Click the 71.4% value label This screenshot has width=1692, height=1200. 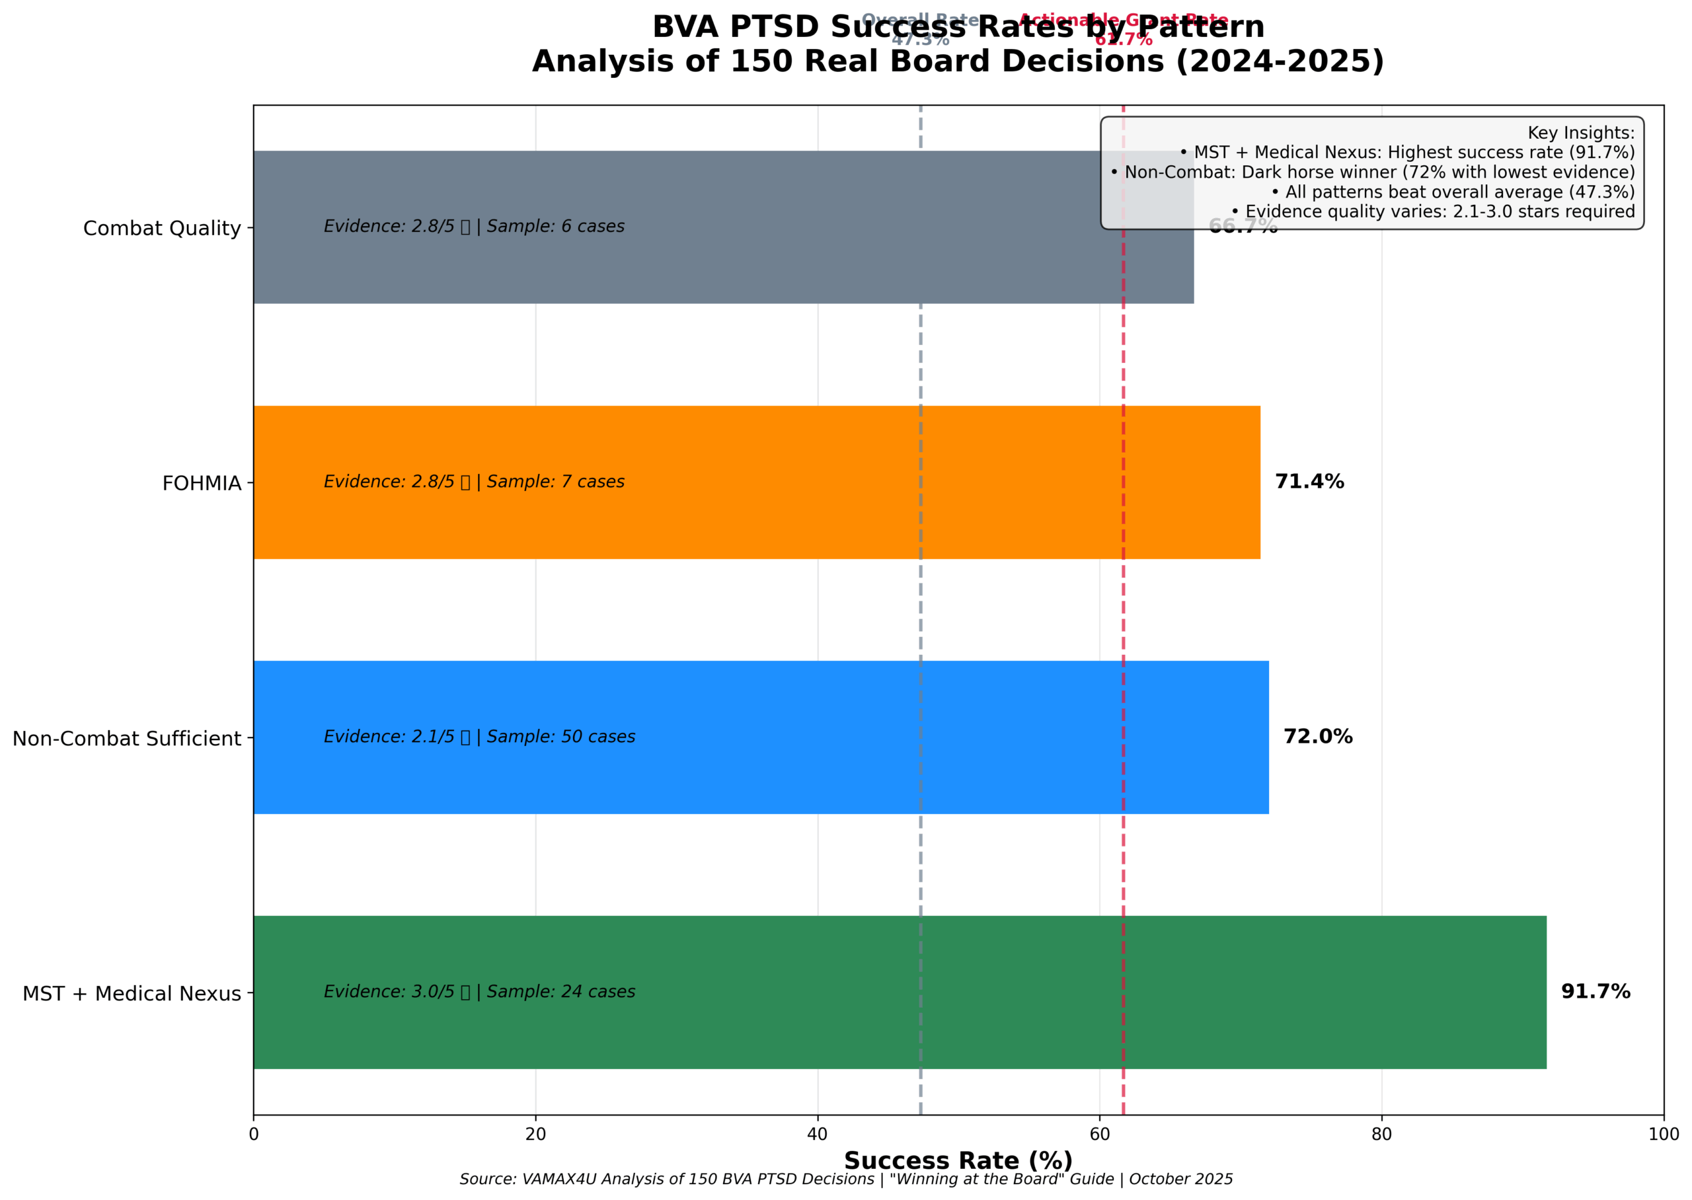(x=1309, y=482)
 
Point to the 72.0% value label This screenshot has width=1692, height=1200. (x=1317, y=737)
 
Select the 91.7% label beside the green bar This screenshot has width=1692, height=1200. (x=1594, y=992)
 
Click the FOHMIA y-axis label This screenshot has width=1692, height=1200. (x=201, y=483)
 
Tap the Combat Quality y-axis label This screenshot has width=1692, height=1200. (x=162, y=229)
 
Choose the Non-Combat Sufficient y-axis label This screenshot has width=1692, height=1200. (x=126, y=738)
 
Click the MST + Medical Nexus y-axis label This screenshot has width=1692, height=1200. (x=132, y=994)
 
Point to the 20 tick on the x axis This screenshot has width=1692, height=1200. (x=535, y=1134)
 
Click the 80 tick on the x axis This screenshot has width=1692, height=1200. (x=1381, y=1134)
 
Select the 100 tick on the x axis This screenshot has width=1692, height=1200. (x=1663, y=1134)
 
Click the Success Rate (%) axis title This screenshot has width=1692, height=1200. (x=958, y=1161)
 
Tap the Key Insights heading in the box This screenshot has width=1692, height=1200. (x=1580, y=133)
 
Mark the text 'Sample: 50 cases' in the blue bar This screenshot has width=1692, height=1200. (x=560, y=737)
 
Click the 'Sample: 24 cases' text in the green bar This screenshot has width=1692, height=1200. (x=560, y=992)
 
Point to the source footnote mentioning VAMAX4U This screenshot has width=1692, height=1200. (x=846, y=1180)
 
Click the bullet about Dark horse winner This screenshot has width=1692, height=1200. (x=1372, y=172)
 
